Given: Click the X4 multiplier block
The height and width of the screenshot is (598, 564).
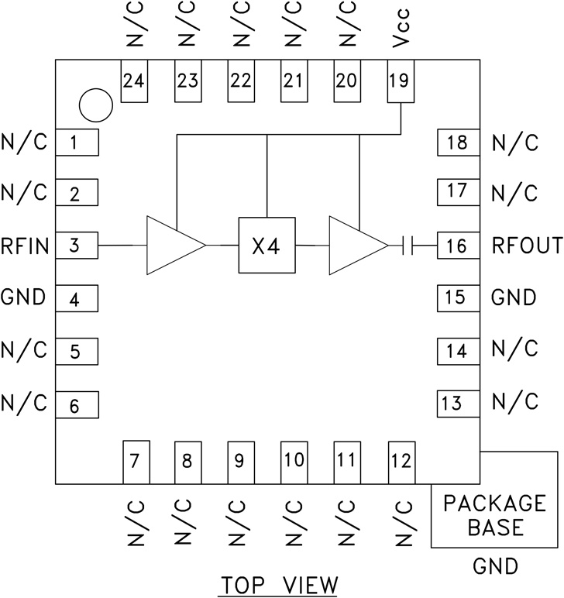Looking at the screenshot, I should pos(267,246).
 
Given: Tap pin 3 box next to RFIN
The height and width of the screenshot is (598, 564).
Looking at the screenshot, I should pos(76,246).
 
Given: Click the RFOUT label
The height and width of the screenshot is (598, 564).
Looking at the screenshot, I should pos(527,246).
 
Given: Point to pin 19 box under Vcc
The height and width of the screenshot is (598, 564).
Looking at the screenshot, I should pos(400,81).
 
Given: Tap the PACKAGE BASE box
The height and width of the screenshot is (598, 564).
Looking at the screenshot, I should pos(494,515).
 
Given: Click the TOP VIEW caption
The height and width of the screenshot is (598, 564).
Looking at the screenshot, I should pos(280,583).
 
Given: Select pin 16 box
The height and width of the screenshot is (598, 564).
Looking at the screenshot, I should pos(457,246).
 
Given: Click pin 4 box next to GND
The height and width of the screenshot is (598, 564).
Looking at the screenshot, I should pos(76,298).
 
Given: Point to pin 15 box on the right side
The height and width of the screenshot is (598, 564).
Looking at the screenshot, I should pos(457,298).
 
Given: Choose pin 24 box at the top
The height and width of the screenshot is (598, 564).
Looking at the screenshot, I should pos(135,81).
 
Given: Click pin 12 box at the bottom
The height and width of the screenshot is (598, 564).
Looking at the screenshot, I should pos(400,462).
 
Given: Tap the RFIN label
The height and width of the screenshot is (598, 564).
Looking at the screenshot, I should pos(26,246).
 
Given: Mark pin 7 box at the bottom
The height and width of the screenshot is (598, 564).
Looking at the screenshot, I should pos(135,462).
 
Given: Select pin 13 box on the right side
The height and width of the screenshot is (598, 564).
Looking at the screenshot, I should pos(457,403).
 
